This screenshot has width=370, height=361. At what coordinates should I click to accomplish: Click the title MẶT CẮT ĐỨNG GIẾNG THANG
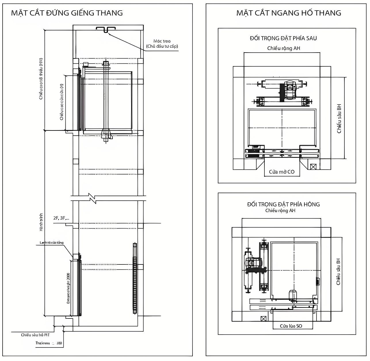[67, 13]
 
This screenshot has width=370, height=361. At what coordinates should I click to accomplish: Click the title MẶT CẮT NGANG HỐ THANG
[289, 13]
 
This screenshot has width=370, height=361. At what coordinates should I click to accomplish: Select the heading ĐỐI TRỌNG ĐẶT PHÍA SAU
[283, 38]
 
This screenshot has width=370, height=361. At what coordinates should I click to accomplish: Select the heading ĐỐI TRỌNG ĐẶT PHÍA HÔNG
[283, 204]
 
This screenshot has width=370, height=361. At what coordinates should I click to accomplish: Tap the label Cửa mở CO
[282, 172]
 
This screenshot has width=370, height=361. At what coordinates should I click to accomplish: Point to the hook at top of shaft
[106, 30]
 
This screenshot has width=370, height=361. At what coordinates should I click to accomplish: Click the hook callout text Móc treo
[162, 41]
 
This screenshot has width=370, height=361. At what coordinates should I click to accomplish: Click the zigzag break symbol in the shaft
[92, 198]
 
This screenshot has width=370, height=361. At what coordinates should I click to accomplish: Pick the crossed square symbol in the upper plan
[313, 166]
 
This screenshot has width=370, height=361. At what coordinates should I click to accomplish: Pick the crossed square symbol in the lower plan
[263, 318]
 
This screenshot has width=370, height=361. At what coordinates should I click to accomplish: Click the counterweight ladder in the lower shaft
[135, 278]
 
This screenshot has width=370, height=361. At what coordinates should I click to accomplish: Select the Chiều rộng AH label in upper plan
[283, 48]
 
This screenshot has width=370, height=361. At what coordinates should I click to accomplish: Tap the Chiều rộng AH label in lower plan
[280, 211]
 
